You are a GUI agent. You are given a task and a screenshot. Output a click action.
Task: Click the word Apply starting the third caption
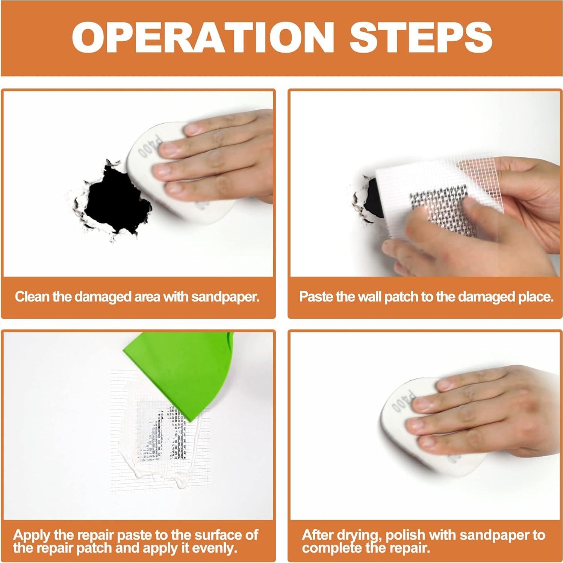(x=32, y=535)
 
